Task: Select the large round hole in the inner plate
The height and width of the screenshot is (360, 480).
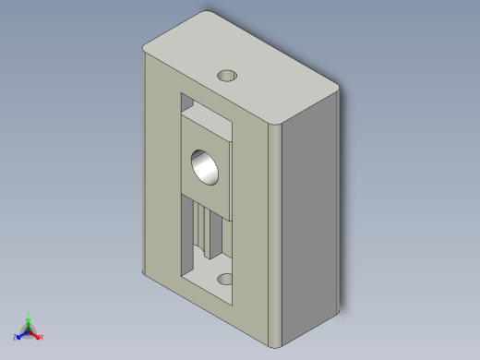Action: [x=205, y=166]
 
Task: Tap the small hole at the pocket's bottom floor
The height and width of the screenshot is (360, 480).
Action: [x=224, y=278]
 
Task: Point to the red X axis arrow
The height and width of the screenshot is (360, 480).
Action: [x=37, y=335]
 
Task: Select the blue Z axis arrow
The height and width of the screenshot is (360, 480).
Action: [x=20, y=335]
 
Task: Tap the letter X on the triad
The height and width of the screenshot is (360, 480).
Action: [x=42, y=338]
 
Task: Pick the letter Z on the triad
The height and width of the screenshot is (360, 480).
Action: [x=16, y=338]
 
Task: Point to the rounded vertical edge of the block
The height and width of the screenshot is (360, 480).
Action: [x=273, y=231]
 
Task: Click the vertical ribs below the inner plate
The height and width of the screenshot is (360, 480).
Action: [x=205, y=231]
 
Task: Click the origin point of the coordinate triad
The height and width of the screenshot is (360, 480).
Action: [x=29, y=330]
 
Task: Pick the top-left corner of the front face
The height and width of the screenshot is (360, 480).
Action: [x=144, y=52]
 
